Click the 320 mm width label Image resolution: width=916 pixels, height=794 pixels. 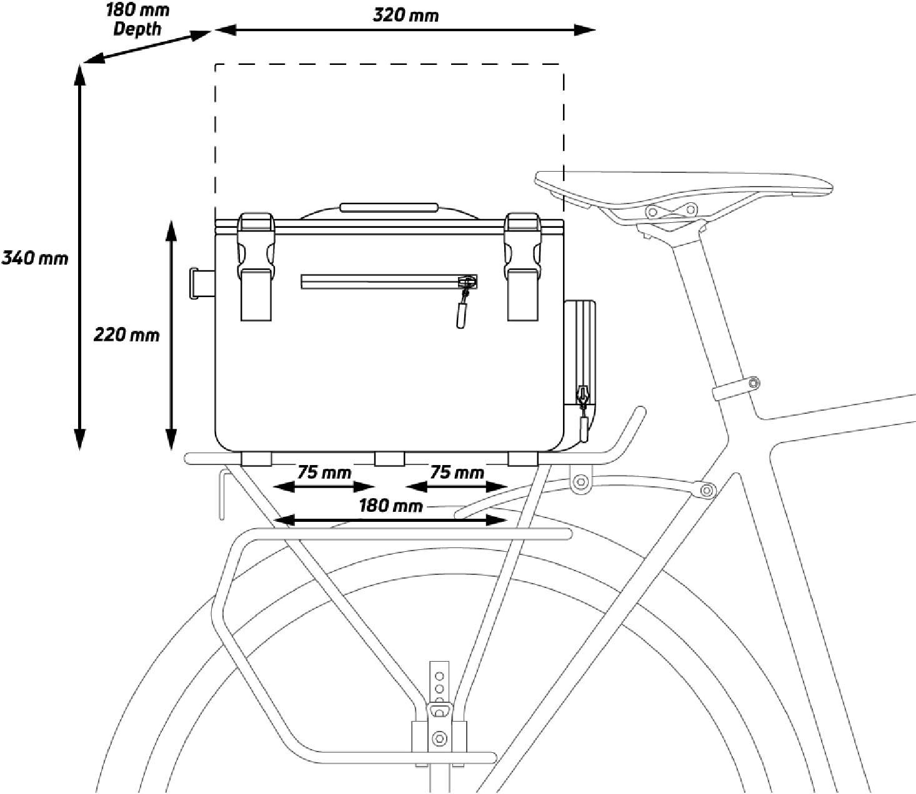pyautogui.click(x=406, y=15)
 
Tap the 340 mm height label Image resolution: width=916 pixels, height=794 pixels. pyautogui.click(x=34, y=257)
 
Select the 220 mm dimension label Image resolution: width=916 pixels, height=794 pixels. pyautogui.click(x=126, y=335)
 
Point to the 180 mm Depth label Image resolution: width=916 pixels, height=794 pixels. pyautogui.click(x=137, y=20)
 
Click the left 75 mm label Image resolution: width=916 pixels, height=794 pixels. pyautogui.click(x=324, y=472)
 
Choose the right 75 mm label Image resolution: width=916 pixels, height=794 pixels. pyautogui.click(x=457, y=472)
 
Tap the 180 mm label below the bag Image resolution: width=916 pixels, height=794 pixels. pyautogui.click(x=391, y=505)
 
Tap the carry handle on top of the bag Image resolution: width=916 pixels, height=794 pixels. pyautogui.click(x=389, y=207)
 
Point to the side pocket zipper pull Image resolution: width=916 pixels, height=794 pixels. pyautogui.click(x=584, y=424)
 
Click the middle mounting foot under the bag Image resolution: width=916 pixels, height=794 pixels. pyautogui.click(x=389, y=459)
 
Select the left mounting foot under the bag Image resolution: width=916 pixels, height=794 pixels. pyautogui.click(x=256, y=459)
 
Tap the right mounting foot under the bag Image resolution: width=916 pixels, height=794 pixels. pyautogui.click(x=522, y=459)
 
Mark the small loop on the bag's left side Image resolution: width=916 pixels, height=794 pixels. pyautogui.click(x=201, y=283)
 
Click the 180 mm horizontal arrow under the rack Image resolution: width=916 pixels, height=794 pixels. pyautogui.click(x=391, y=519)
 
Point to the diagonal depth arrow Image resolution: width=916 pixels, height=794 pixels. pyautogui.click(x=147, y=47)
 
